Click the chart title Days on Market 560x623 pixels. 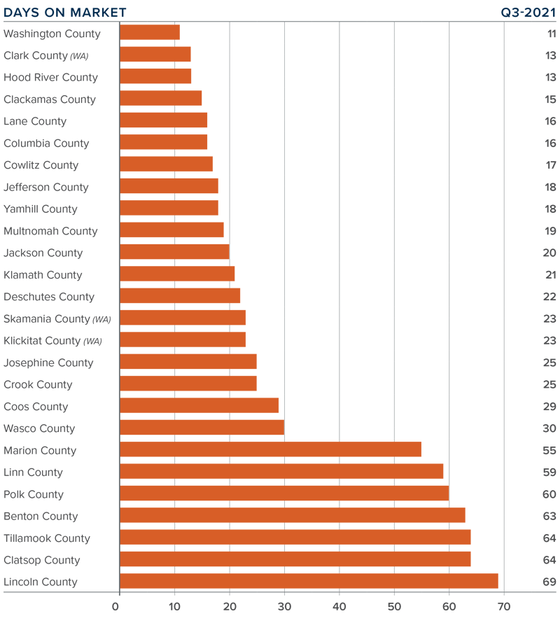[x=65, y=13]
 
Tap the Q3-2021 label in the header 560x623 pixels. [x=528, y=13]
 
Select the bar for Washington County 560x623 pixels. [x=150, y=33]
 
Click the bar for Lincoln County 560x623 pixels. [x=309, y=581]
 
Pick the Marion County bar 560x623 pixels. [x=270, y=449]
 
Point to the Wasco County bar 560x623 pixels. [x=202, y=428]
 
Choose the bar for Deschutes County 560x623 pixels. [x=180, y=296]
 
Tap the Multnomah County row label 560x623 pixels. [x=50, y=231]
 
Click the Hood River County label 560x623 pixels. [x=50, y=77]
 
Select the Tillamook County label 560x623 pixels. [x=47, y=538]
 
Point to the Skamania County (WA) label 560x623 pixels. [x=57, y=318]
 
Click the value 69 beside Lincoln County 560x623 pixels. [x=549, y=581]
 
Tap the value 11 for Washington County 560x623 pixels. [x=551, y=33]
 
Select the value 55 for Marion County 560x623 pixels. [x=549, y=449]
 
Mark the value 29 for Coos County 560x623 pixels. [x=549, y=406]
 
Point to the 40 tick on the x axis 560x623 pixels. [x=339, y=606]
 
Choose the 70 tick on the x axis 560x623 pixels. [x=504, y=606]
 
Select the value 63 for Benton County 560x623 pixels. [x=549, y=515]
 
